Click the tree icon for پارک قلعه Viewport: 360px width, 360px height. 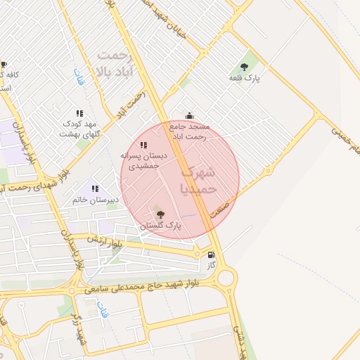coord(244,67)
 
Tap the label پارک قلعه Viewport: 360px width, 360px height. coord(244,79)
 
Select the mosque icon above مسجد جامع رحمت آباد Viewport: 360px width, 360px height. coord(188,115)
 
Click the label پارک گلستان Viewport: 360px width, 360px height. coord(160,226)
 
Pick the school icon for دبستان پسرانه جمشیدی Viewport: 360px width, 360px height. coord(143,145)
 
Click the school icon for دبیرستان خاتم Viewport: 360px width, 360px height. coord(95,188)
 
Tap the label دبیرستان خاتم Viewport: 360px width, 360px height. coord(96,200)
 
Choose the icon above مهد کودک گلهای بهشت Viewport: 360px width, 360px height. coord(79,113)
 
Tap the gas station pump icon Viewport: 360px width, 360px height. coord(210,255)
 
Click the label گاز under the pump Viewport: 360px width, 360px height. coord(210,266)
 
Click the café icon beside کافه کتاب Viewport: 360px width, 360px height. coord(4,64)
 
